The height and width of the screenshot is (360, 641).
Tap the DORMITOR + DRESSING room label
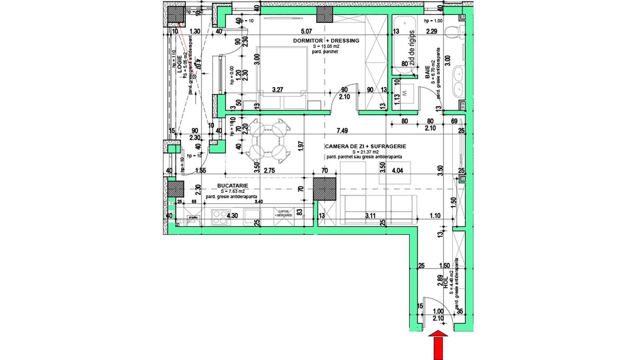pyautogui.click(x=326, y=41)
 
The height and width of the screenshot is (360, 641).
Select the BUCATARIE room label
pyautogui.click(x=232, y=186)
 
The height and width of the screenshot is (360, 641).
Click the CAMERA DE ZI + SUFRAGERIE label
pyautogui.click(x=365, y=146)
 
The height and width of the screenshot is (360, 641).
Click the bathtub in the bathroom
pyautogui.click(x=404, y=45)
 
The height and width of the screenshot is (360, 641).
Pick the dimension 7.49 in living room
pyautogui.click(x=342, y=131)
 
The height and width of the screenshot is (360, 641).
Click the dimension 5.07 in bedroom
pyautogui.click(x=306, y=31)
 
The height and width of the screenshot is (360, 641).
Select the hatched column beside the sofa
pyautogui.click(x=324, y=189)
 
